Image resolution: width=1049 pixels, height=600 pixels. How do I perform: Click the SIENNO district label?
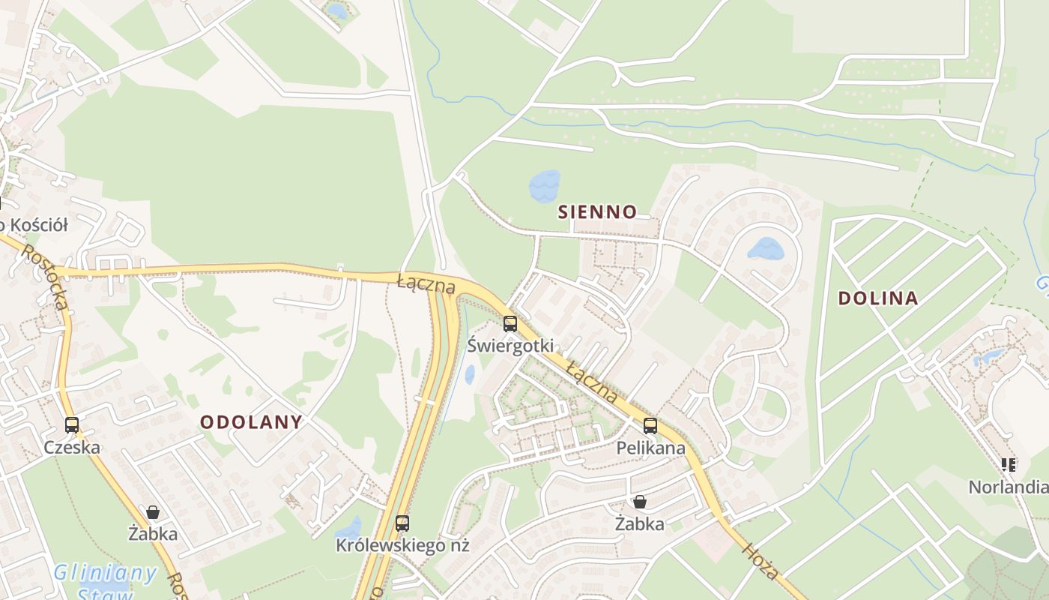[x=597, y=212]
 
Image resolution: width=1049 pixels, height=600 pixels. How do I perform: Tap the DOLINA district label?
[x=877, y=298]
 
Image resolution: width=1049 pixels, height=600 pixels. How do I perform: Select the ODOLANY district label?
[x=251, y=422]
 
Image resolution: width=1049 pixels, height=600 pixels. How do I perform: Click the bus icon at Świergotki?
[x=510, y=324]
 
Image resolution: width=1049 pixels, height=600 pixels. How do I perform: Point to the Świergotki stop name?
[x=510, y=346]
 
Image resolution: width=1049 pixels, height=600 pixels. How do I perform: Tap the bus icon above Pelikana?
[x=650, y=426]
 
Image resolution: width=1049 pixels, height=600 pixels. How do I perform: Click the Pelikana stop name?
[x=650, y=448]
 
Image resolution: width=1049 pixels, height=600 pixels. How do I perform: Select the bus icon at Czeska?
[x=72, y=425]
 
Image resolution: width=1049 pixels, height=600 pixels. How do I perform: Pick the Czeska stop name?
[x=72, y=448]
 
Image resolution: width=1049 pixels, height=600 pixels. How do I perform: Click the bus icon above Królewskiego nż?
[x=402, y=523]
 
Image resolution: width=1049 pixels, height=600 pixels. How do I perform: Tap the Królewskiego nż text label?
[x=402, y=545]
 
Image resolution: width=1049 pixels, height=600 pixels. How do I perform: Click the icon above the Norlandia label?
[x=1009, y=465]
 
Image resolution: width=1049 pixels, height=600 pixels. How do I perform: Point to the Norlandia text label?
[x=1008, y=487]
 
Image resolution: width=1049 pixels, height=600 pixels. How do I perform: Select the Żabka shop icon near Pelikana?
[x=640, y=502]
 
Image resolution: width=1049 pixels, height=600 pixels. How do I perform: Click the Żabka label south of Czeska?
[x=153, y=534]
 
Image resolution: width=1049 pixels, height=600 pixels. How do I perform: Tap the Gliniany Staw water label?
[x=105, y=581]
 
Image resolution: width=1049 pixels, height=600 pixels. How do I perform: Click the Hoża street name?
[x=762, y=562]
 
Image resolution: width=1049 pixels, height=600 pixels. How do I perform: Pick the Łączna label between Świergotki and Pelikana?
[x=592, y=382]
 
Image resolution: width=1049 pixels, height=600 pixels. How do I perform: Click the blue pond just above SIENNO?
[x=545, y=186]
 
